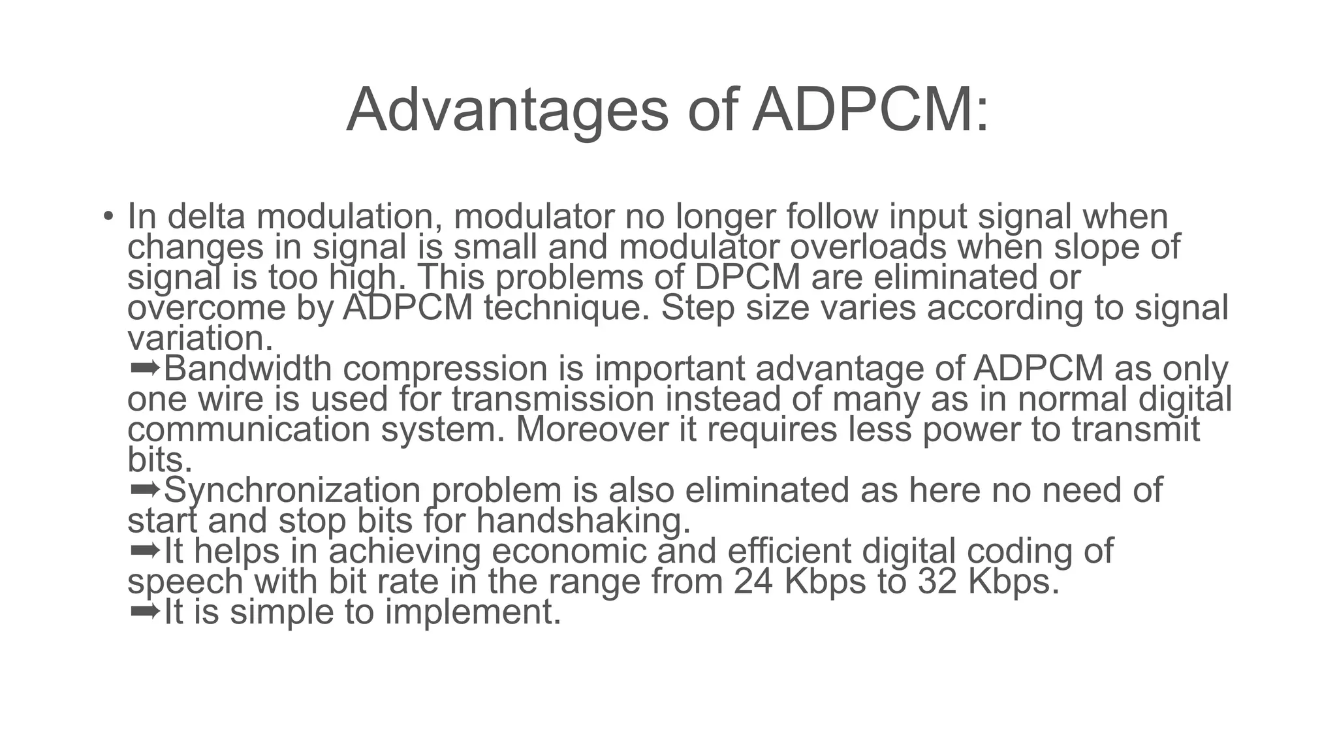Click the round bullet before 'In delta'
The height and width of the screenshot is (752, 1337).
pos(108,216)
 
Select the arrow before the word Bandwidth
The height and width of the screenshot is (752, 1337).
pos(145,368)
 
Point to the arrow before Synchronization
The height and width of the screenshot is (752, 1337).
pos(145,490)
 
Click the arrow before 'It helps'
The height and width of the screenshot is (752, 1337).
pos(145,550)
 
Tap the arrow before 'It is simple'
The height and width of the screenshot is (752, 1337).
pos(145,612)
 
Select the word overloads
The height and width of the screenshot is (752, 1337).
pos(868,247)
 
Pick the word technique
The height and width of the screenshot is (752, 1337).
pos(567,308)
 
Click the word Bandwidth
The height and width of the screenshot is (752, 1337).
pos(247,369)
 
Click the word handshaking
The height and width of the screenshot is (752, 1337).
pos(583,521)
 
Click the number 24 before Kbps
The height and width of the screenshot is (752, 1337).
pos(753,582)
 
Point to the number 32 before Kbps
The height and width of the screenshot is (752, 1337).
pos(937,582)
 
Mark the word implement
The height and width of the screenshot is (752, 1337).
pos(473,612)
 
